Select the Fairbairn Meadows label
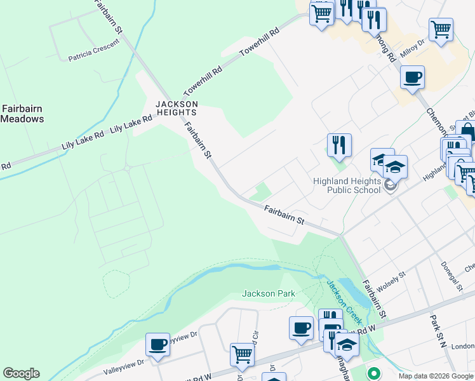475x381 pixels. [x=22, y=114]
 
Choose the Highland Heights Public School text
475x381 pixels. [x=347, y=185]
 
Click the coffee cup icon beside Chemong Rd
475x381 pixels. [x=412, y=77]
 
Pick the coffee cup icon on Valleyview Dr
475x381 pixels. [x=157, y=344]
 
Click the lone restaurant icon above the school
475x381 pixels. [x=339, y=145]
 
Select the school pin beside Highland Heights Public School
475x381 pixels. [x=390, y=185]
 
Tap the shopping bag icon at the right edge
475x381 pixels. [x=467, y=131]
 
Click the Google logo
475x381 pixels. [x=21, y=373]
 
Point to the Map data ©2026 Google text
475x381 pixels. [x=436, y=376]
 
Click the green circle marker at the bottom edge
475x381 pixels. [x=374, y=373]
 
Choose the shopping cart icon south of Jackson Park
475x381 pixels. [x=242, y=355]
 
